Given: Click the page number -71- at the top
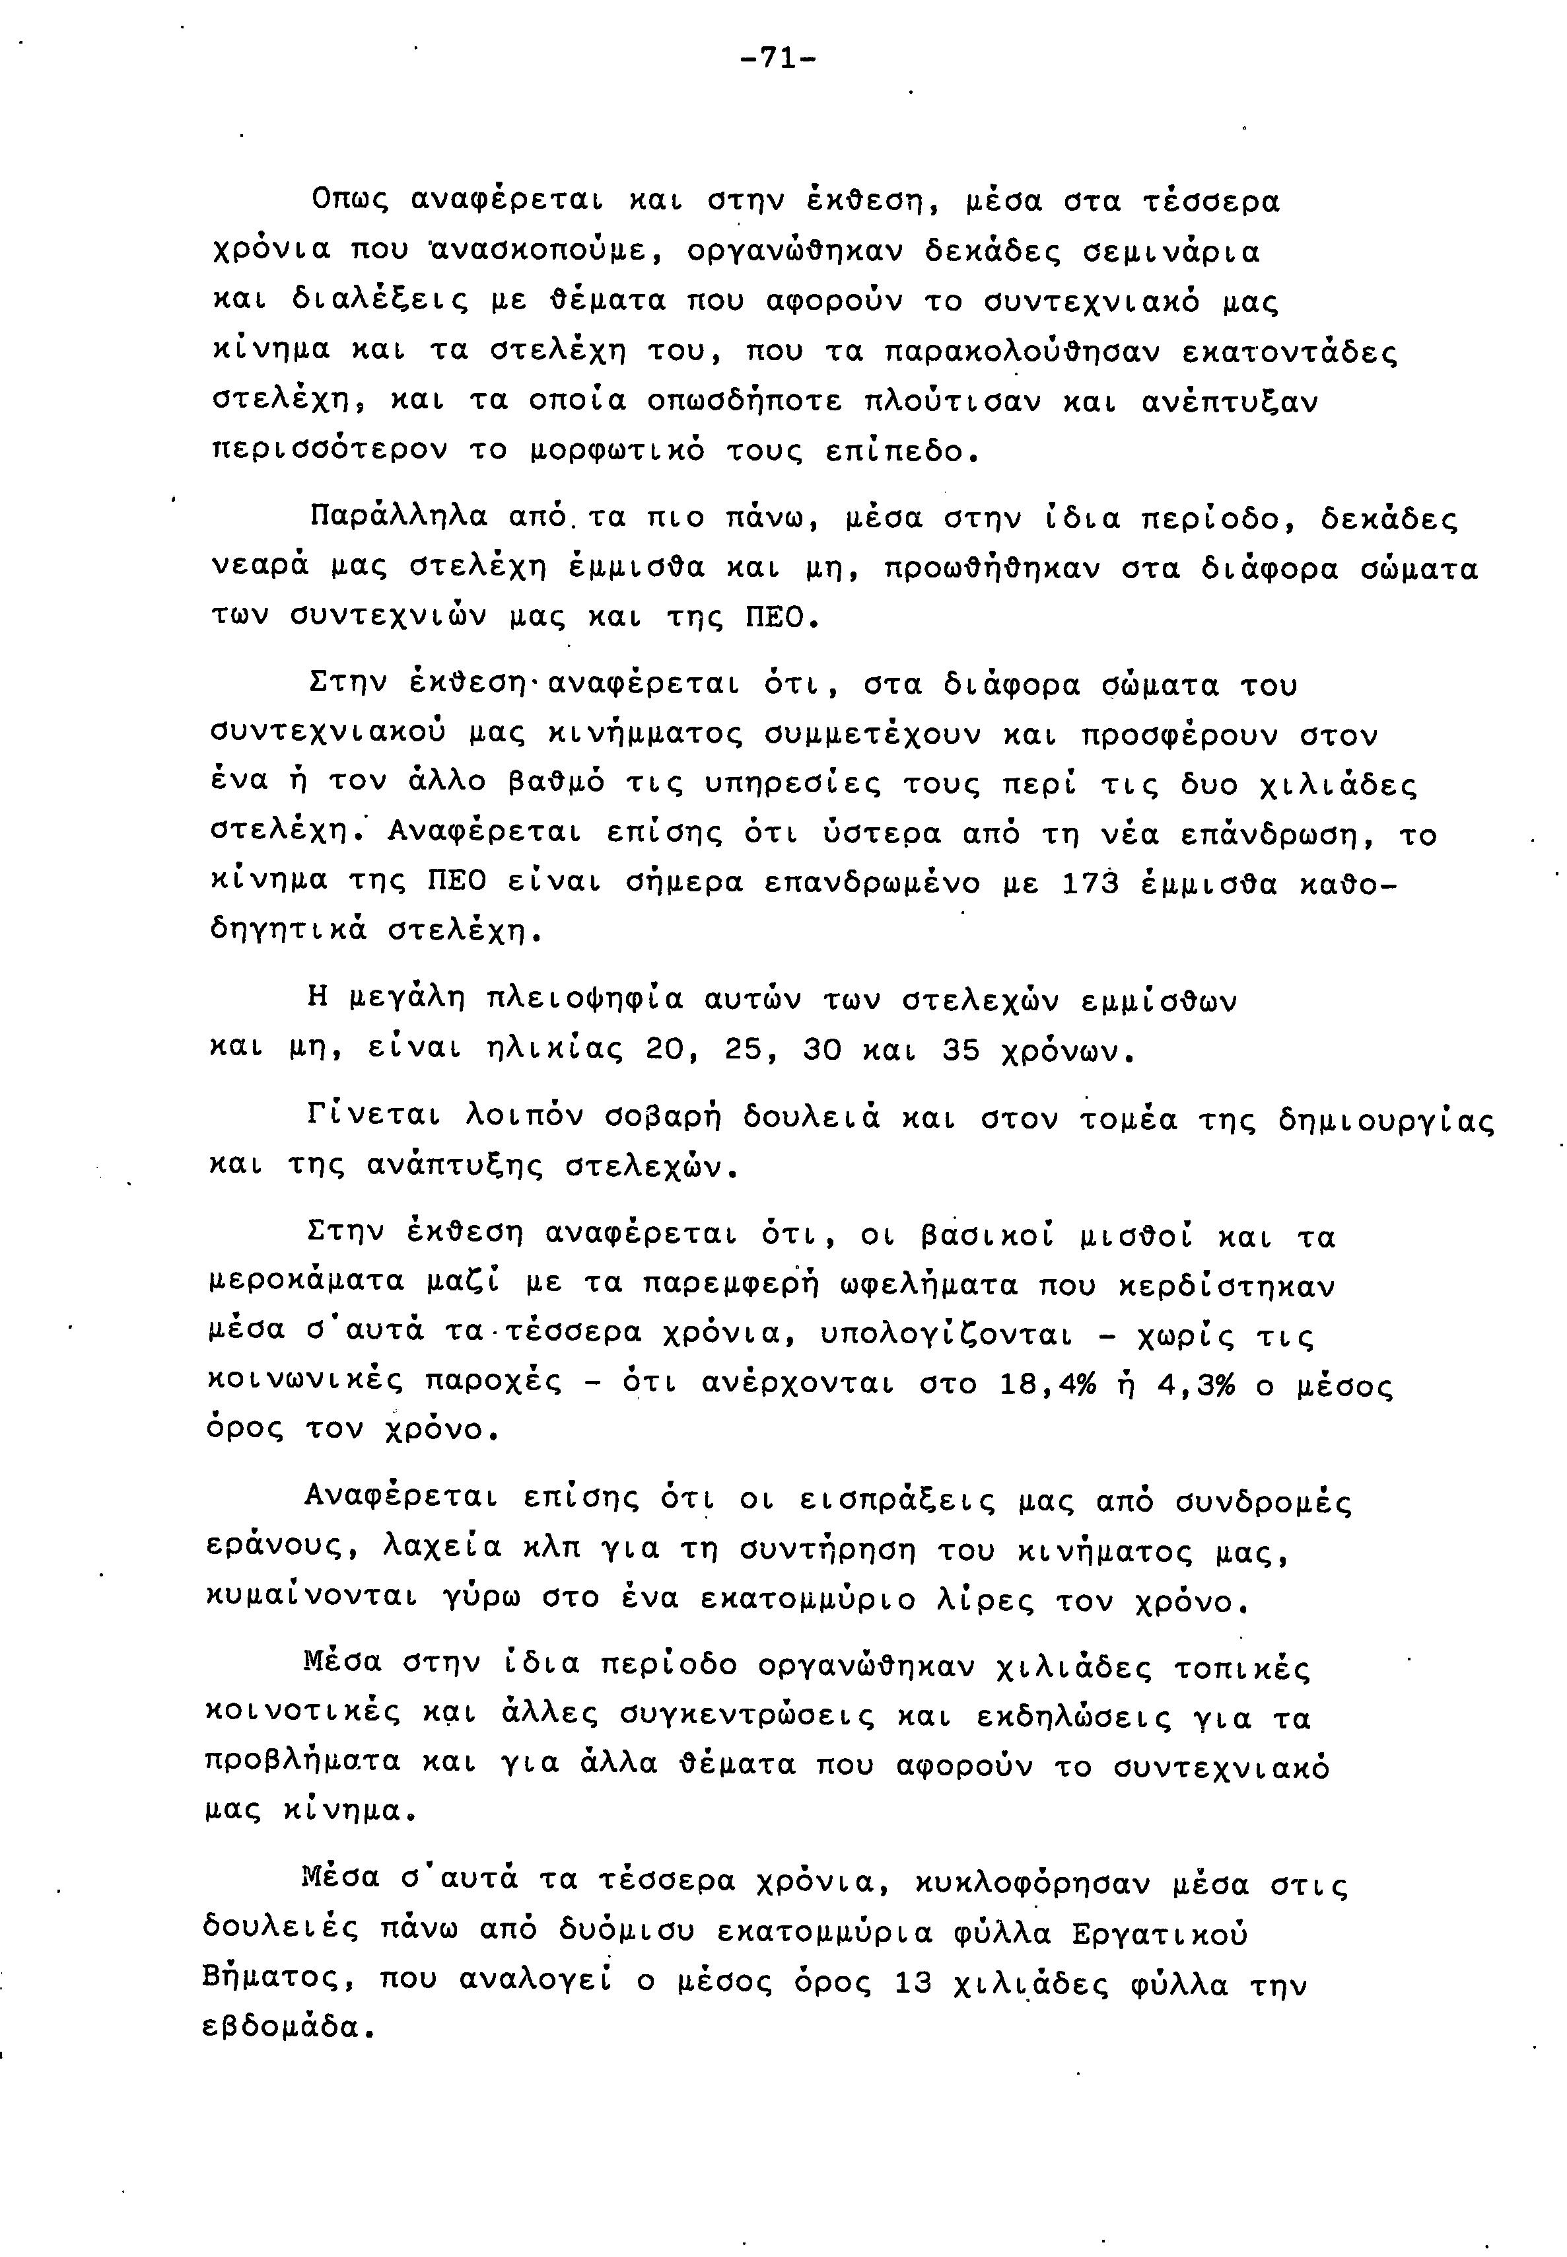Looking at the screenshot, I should [x=778, y=59].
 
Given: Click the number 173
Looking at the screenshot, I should [x=1092, y=884].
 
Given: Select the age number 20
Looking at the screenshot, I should [x=666, y=1051].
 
